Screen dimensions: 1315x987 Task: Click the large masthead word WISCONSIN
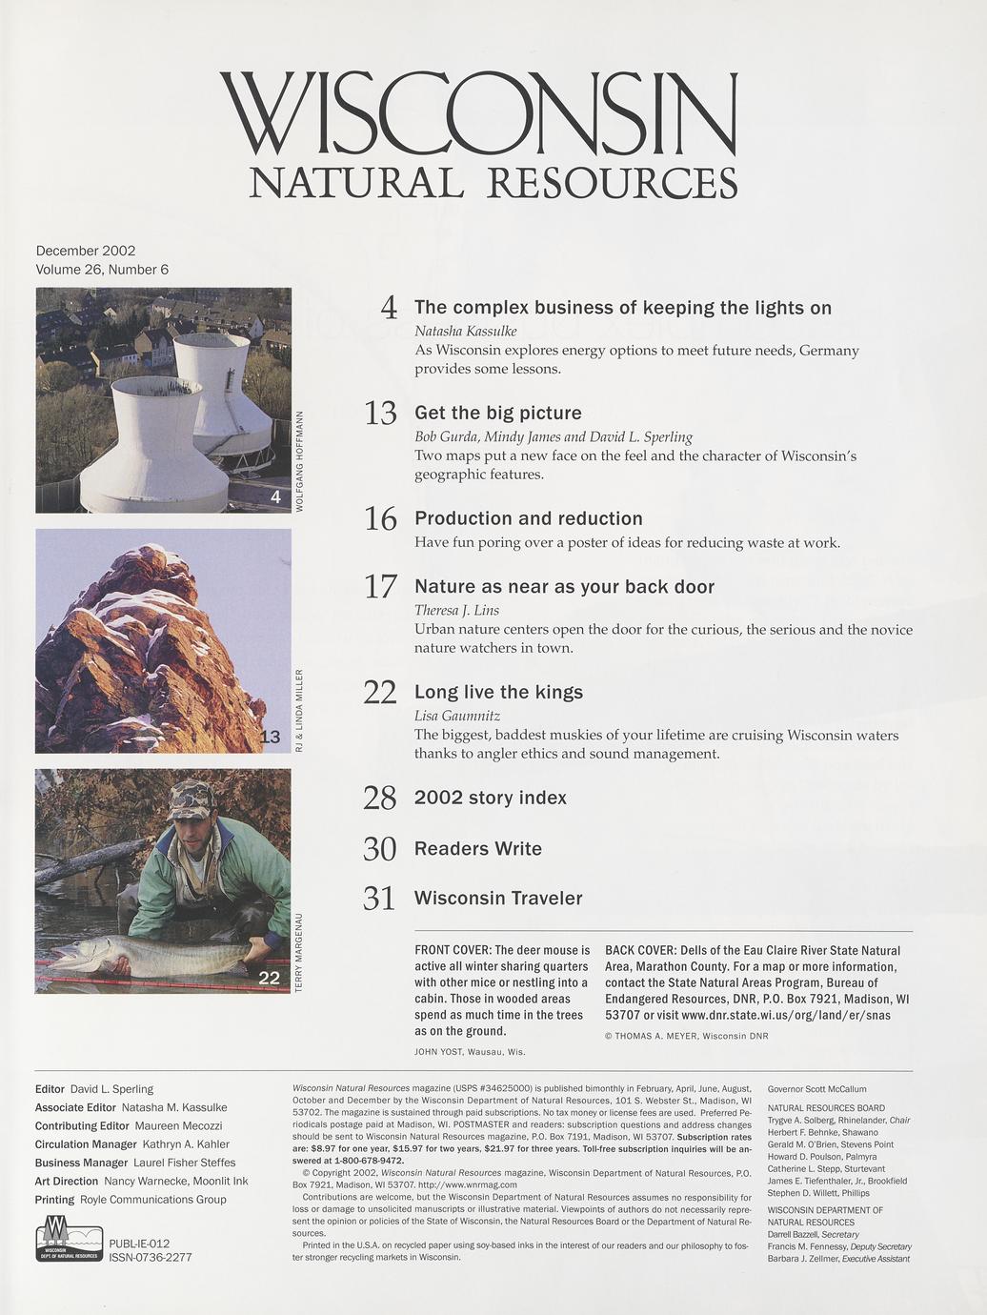(478, 116)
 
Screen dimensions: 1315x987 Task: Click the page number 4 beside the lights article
(388, 308)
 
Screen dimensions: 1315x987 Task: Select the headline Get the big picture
(497, 413)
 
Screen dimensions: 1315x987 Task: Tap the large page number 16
(380, 519)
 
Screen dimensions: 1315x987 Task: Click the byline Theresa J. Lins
(456, 610)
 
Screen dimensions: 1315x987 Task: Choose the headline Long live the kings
(498, 692)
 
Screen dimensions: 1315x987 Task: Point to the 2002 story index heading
(490, 798)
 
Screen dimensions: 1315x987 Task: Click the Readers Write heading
(477, 848)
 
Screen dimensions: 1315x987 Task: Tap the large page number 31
(379, 899)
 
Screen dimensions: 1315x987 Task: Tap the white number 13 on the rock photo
(270, 737)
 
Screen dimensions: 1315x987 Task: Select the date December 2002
(86, 251)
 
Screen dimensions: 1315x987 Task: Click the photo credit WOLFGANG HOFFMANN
(300, 461)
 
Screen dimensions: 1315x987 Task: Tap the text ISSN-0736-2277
(151, 1257)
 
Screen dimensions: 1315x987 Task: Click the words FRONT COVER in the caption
(452, 950)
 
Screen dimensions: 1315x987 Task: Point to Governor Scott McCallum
(816, 1088)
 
